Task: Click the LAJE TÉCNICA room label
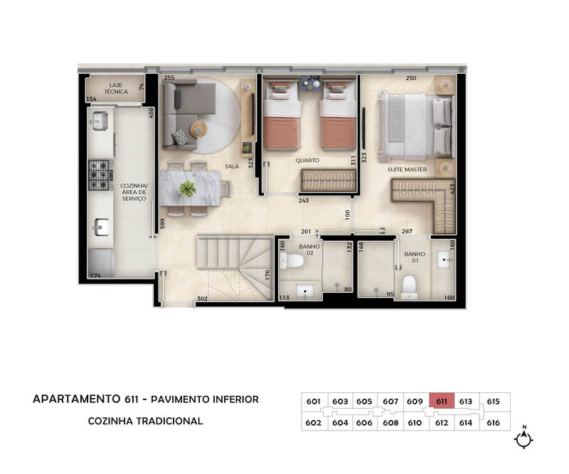point(116,89)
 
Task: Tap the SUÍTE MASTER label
point(407,169)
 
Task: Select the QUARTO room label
point(307,161)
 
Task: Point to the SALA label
point(232,166)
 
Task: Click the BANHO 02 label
point(309,249)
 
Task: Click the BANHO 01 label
point(415,257)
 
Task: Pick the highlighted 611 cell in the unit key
point(442,401)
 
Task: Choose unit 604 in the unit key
point(340,423)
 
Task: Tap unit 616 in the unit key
point(494,423)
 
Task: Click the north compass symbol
point(523,438)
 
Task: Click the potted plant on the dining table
point(188,189)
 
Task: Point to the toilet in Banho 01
point(409,287)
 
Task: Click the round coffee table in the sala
point(199,129)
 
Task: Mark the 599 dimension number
point(163,223)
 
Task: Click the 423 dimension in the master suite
point(452,189)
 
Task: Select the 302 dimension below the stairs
point(202,298)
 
